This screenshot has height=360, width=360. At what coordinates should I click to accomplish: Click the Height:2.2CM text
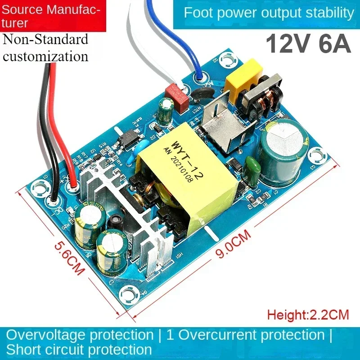click(308, 314)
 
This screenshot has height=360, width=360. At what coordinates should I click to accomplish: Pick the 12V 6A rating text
click(308, 45)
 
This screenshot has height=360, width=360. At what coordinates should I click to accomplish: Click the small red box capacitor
click(173, 94)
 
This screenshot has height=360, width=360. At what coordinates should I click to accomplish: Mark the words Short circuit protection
click(79, 350)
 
